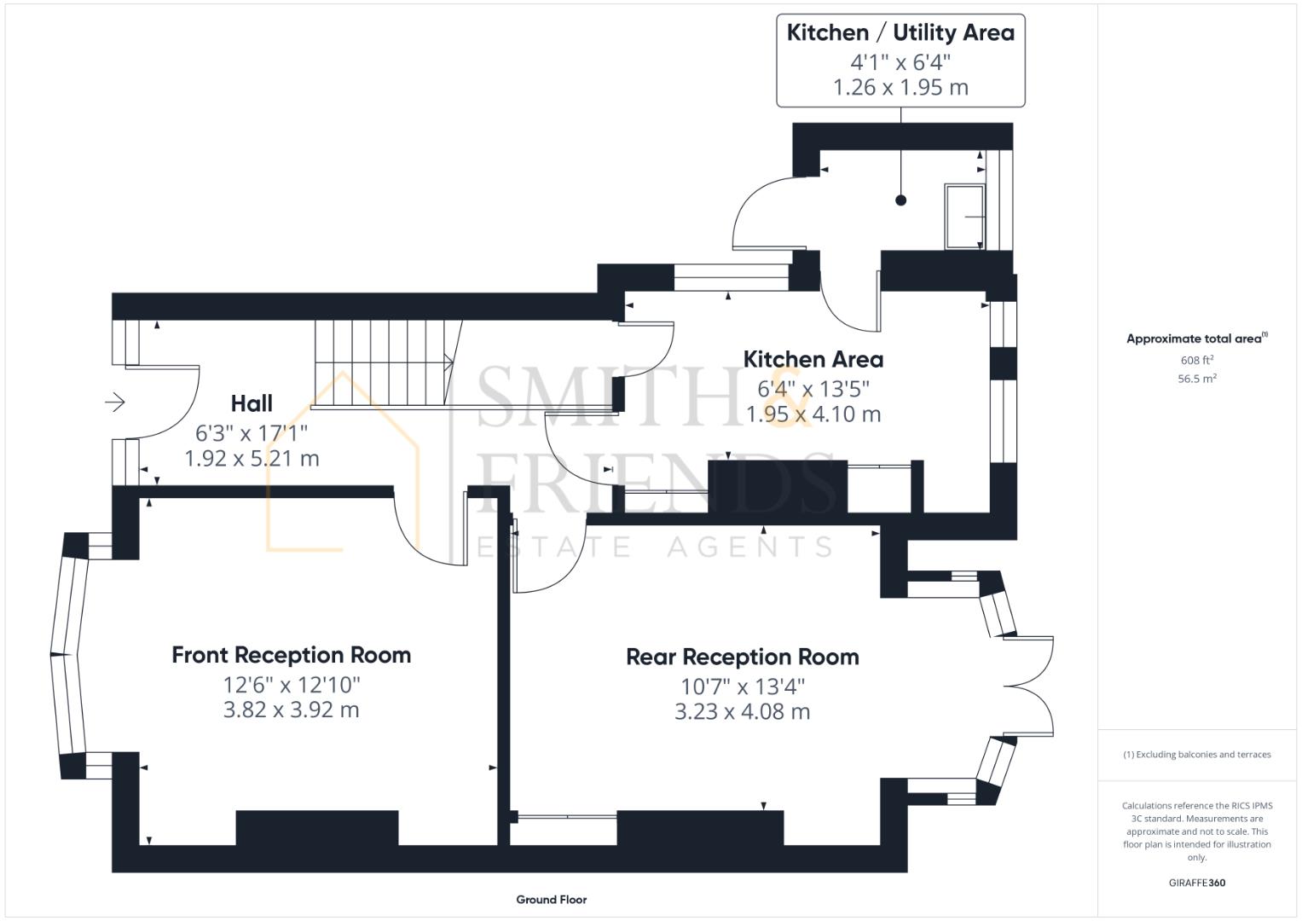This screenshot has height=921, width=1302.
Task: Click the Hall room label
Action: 252,403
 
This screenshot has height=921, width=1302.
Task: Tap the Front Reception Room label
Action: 292,655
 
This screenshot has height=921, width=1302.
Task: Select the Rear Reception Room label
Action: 742,657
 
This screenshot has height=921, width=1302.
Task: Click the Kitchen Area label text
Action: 813,359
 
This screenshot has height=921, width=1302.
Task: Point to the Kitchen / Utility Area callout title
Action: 900,33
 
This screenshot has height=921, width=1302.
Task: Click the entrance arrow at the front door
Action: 115,402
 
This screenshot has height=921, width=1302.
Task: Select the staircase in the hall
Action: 384,362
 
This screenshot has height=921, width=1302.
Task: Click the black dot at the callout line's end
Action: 900,200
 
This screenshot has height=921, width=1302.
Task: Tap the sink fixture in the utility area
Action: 965,217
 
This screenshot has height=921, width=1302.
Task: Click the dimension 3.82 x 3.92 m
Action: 292,710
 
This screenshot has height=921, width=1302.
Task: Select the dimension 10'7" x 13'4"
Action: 742,686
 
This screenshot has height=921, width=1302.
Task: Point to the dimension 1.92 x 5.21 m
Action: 252,459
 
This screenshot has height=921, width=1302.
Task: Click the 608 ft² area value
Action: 1196,361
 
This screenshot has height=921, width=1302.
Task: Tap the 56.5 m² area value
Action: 1196,379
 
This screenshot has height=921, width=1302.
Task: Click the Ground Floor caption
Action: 551,900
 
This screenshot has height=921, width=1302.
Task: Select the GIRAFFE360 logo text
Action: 1196,883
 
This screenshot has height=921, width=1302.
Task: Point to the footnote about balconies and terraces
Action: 1196,755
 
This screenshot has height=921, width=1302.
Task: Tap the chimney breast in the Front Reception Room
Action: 316,827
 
